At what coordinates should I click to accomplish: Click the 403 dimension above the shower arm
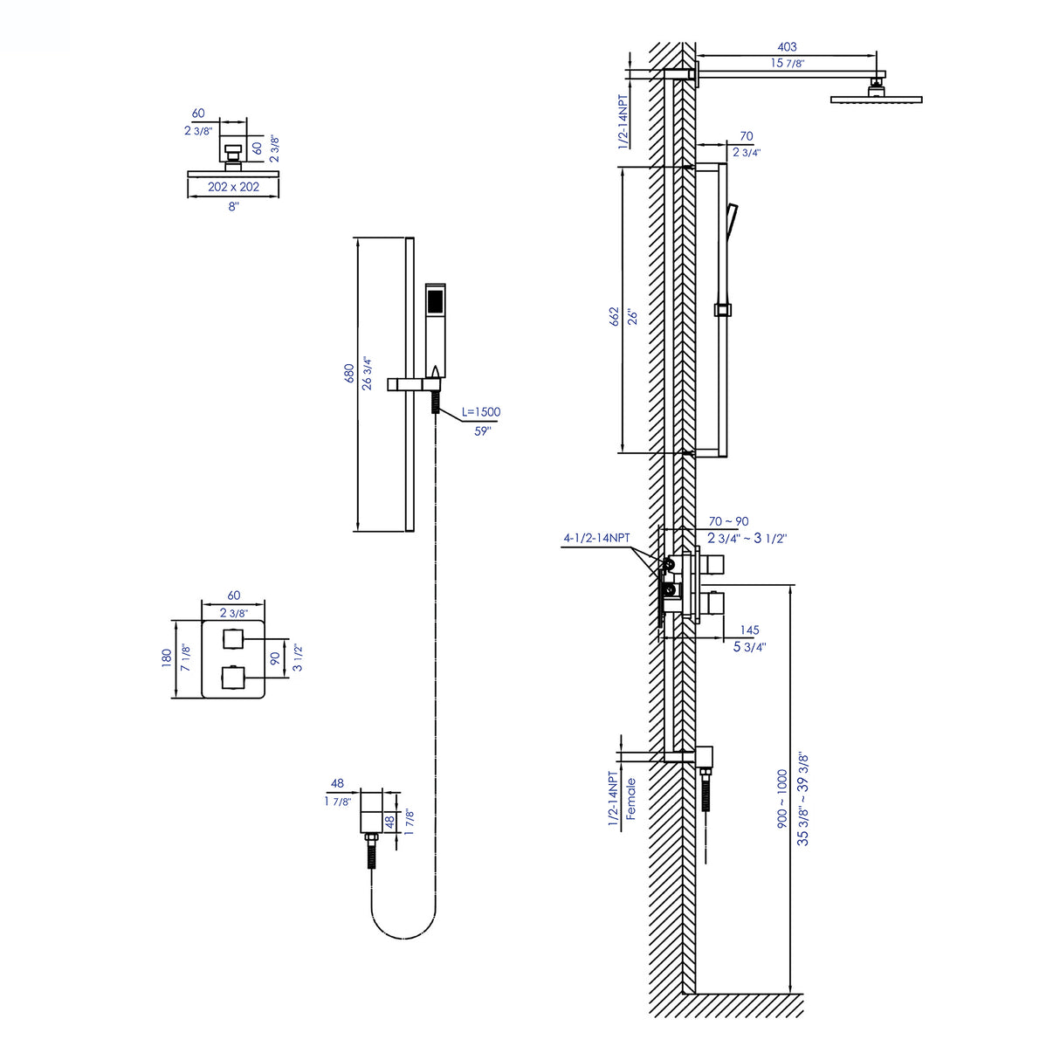pyautogui.click(x=787, y=47)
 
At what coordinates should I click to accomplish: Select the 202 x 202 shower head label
pyautogui.click(x=233, y=187)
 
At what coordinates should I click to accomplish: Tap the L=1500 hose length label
pyautogui.click(x=481, y=412)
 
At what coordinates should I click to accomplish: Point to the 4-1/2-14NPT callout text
pyautogui.click(x=596, y=538)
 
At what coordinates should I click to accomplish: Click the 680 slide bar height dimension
pyautogui.click(x=349, y=374)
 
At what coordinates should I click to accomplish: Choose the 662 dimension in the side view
pyautogui.click(x=615, y=316)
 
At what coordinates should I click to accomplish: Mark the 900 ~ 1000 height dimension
pyautogui.click(x=782, y=798)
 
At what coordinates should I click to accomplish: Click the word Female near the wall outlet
pyautogui.click(x=630, y=798)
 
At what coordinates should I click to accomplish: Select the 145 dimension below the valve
pyautogui.click(x=749, y=630)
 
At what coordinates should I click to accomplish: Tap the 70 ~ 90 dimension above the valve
pyautogui.click(x=728, y=521)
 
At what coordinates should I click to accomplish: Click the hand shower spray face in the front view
pyautogui.click(x=435, y=302)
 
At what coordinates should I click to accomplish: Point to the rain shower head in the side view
pyautogui.click(x=876, y=99)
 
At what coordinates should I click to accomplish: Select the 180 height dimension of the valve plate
pyautogui.click(x=167, y=658)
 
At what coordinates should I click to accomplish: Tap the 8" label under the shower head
pyautogui.click(x=233, y=207)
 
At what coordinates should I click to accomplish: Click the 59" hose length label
pyautogui.click(x=483, y=431)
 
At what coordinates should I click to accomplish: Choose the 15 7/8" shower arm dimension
pyautogui.click(x=787, y=63)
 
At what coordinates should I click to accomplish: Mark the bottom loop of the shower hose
pyautogui.click(x=403, y=937)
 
